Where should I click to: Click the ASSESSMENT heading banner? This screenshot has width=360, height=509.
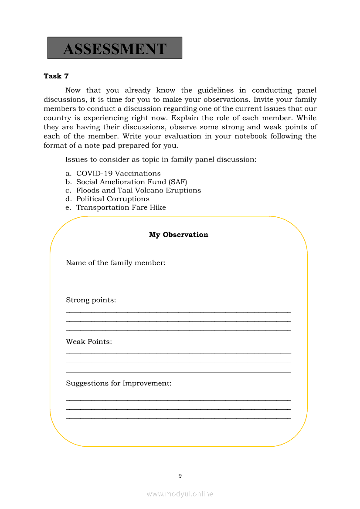[x=115, y=48]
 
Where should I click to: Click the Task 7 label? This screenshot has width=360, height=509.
[x=56, y=76]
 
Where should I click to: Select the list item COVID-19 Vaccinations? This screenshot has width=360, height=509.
[x=118, y=173]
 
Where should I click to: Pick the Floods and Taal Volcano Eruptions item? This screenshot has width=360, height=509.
[x=139, y=190]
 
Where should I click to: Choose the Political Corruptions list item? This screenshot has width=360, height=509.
[x=113, y=199]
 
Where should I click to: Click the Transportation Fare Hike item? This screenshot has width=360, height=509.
[x=121, y=208]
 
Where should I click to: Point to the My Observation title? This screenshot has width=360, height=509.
[x=179, y=235]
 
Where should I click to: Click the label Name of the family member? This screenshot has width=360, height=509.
[x=115, y=263]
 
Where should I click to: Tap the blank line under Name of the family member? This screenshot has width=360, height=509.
[x=128, y=274]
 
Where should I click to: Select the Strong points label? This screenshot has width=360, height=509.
[x=91, y=300]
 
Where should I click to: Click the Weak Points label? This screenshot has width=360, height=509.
[x=89, y=342]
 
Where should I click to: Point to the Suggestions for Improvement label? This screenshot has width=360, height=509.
[x=119, y=384]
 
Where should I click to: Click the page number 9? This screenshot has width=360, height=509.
[x=180, y=476]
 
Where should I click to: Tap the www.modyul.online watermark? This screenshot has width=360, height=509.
[x=180, y=494]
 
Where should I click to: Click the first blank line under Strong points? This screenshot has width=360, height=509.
[x=178, y=312]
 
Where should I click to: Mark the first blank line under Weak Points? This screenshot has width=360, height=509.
[x=178, y=354]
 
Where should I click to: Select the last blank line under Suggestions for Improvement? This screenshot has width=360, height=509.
[x=178, y=418]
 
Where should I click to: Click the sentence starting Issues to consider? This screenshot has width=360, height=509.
[x=161, y=159]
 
